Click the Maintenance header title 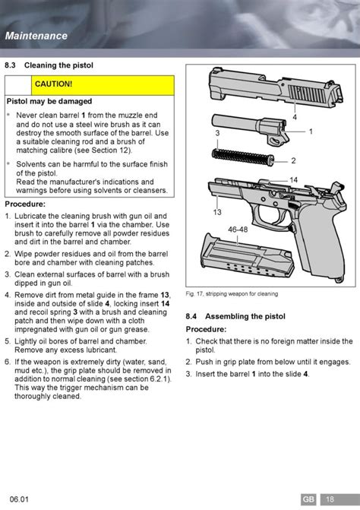[36, 36]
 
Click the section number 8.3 [10, 65]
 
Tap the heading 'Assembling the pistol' [245, 316]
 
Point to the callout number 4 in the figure [295, 117]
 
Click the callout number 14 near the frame [294, 180]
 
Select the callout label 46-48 [238, 230]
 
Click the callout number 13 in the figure [217, 212]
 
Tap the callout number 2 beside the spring [293, 160]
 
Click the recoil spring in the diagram [243, 157]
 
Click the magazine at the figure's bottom [248, 257]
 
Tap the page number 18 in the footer [330, 499]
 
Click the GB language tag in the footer [308, 499]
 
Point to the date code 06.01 [19, 499]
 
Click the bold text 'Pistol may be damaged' [49, 102]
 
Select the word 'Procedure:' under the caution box [25, 204]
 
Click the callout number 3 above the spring [217, 133]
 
